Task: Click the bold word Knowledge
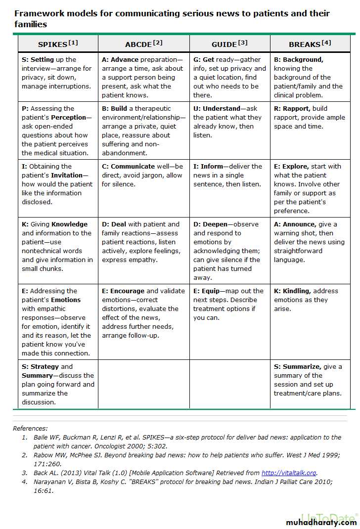click(69, 224)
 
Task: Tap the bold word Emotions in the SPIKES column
click(65, 300)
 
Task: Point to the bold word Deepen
click(215, 224)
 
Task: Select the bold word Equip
click(210, 291)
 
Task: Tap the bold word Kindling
click(297, 291)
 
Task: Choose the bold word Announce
click(299, 224)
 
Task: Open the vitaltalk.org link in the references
click(289, 473)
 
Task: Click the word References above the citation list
click(30, 429)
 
